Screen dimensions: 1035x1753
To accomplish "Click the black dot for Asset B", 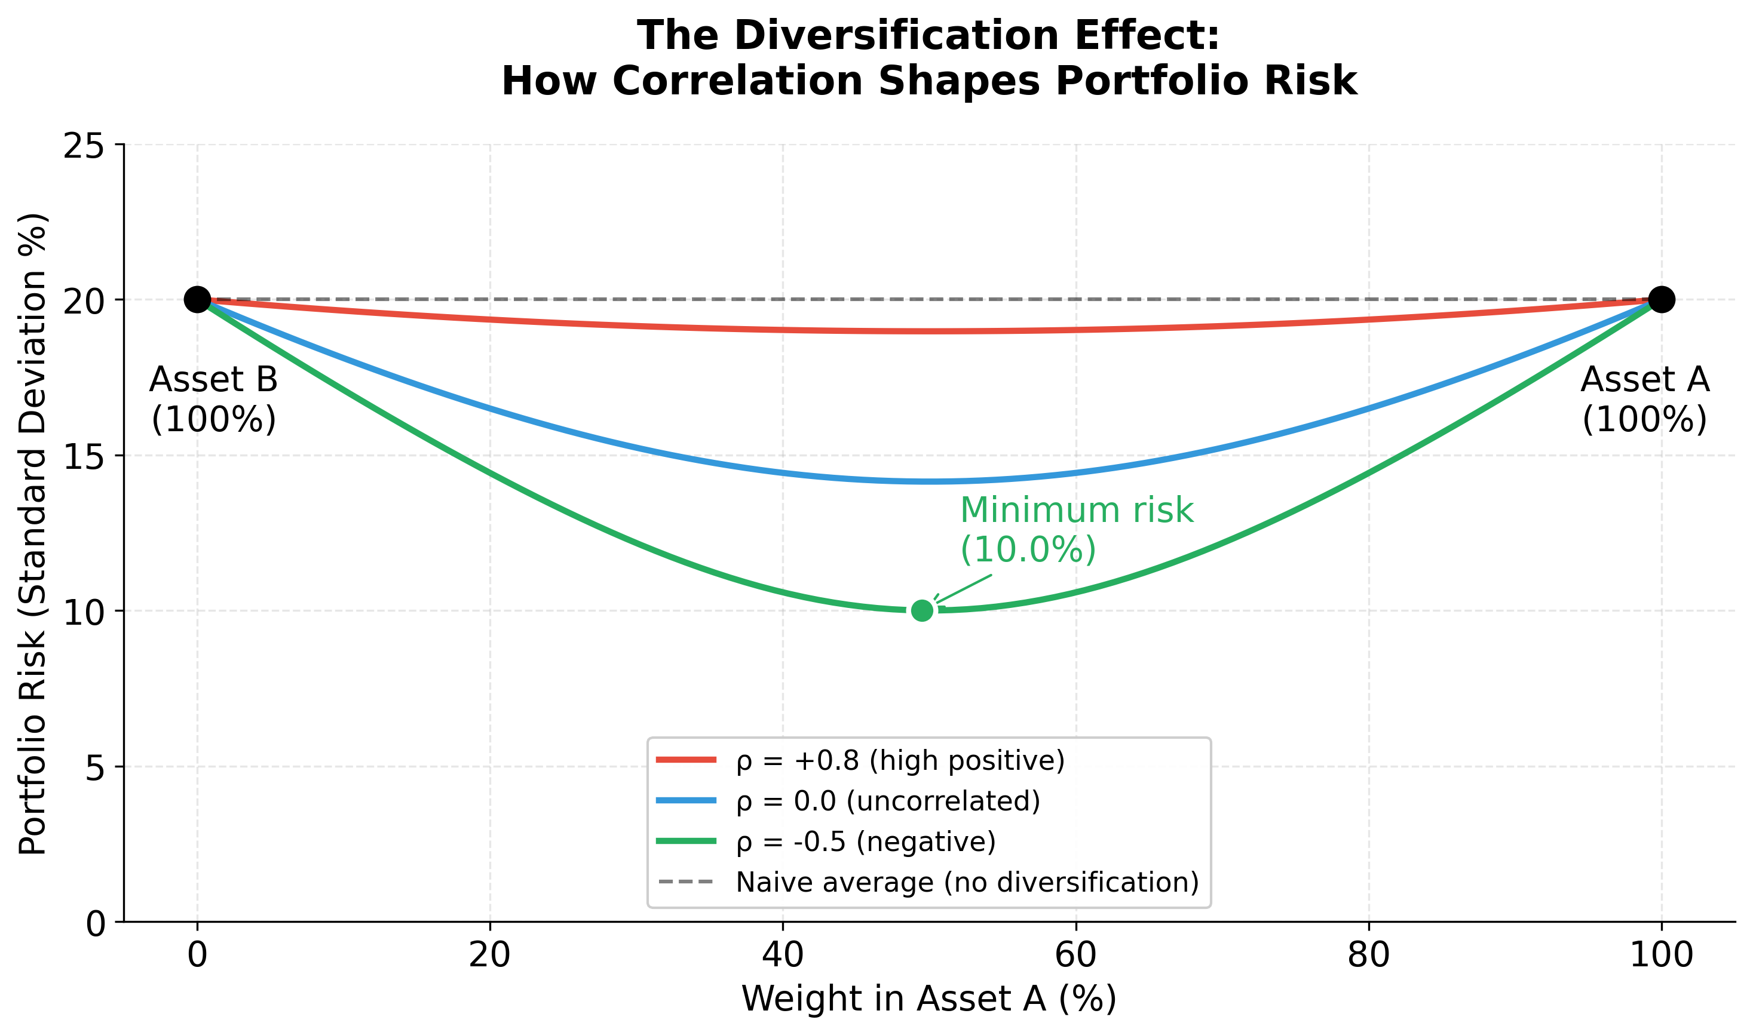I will point(197,300).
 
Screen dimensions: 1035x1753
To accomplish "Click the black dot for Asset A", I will point(1661,300).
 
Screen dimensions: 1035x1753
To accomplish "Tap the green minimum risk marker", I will point(922,610).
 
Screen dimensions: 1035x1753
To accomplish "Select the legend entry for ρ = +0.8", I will point(900,760).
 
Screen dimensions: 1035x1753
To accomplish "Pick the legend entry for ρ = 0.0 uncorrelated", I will point(887,801).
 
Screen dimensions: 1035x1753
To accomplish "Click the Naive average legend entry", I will point(966,882).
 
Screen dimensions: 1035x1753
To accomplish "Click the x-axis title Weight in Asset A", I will point(928,999).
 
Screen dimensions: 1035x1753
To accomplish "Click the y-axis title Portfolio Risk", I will point(33,533).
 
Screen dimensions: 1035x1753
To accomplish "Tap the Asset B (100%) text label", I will point(213,400).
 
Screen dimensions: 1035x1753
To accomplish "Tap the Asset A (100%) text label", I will point(1644,400).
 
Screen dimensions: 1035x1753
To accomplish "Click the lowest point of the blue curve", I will point(928,481).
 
